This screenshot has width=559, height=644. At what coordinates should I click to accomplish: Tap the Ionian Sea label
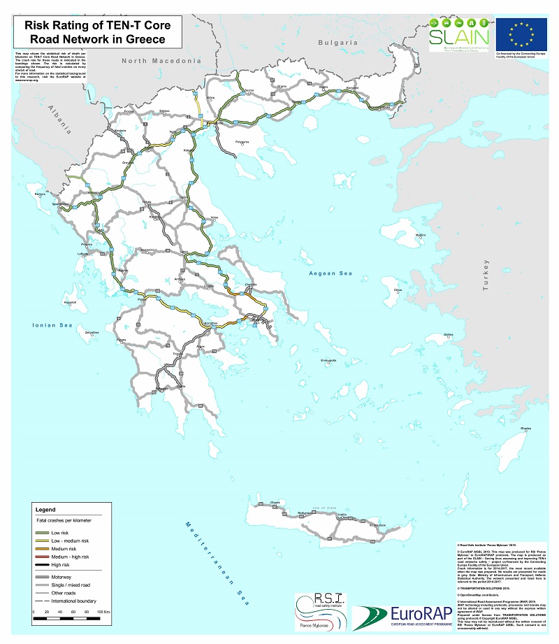[53, 325]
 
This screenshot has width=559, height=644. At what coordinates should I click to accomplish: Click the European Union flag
[521, 33]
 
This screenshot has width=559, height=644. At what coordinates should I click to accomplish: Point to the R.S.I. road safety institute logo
[319, 610]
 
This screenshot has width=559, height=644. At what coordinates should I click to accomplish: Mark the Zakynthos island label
[92, 333]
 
